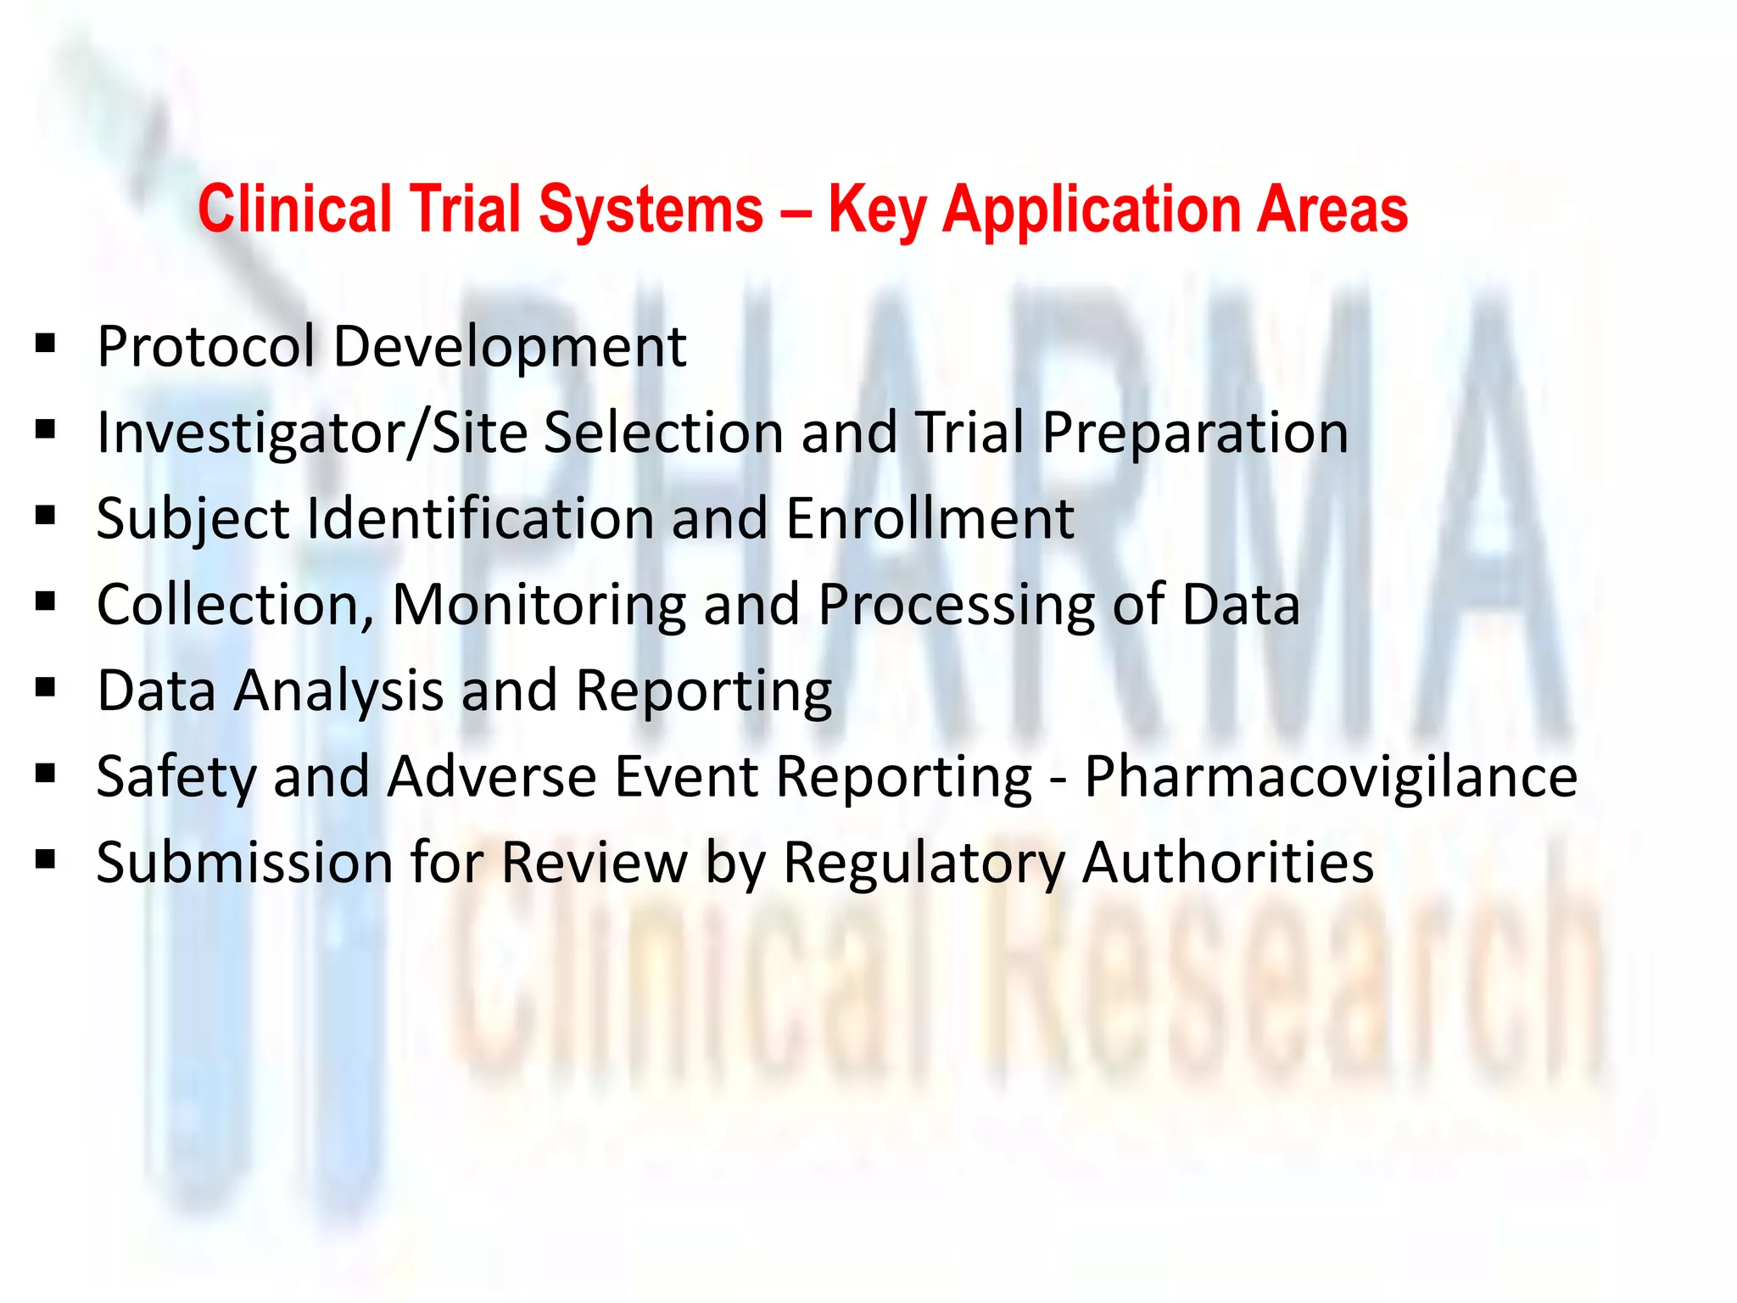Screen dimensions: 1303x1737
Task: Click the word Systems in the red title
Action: pyautogui.click(x=651, y=209)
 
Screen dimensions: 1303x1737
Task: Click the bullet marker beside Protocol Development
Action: pyautogui.click(x=46, y=344)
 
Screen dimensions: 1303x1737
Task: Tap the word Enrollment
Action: pyautogui.click(x=930, y=518)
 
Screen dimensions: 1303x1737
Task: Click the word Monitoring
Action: pyautogui.click(x=539, y=606)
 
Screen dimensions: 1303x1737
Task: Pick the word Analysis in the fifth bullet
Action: pyautogui.click(x=338, y=691)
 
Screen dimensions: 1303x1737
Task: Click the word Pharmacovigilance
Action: pyautogui.click(x=1330, y=778)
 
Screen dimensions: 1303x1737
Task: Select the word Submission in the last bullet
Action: pyautogui.click(x=244, y=863)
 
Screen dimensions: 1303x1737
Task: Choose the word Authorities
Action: pyautogui.click(x=1227, y=863)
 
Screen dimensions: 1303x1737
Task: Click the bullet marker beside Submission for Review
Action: pyautogui.click(x=46, y=860)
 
